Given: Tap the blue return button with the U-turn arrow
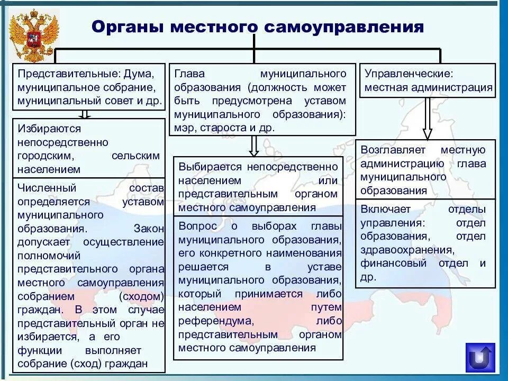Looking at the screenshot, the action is [x=480, y=358].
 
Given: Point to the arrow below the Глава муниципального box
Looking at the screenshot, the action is [x=254, y=146].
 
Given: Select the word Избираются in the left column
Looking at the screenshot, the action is [x=49, y=129].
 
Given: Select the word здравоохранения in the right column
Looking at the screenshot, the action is [x=407, y=250].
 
